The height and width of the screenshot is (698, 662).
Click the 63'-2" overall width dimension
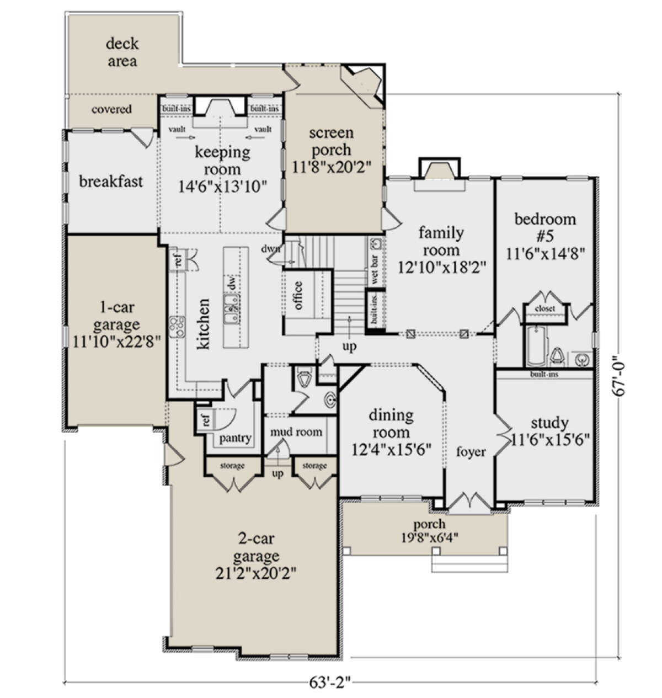[330, 682]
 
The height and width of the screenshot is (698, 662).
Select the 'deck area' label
[122, 52]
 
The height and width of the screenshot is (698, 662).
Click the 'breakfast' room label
[111, 182]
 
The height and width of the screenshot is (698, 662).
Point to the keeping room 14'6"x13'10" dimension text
[222, 187]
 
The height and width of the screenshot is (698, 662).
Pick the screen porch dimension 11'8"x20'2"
[331, 167]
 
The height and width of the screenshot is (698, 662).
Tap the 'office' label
[298, 295]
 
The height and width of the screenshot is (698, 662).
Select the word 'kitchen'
[204, 323]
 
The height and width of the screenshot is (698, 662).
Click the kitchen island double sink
[232, 308]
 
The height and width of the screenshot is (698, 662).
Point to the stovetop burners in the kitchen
[177, 327]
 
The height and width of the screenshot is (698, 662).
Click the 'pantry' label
[235, 439]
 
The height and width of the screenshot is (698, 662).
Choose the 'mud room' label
[296, 431]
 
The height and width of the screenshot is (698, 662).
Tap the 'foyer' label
[471, 452]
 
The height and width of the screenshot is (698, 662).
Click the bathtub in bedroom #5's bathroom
[536, 346]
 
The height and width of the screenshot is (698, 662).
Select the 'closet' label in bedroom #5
[544, 308]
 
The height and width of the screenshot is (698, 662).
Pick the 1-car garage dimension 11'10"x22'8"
[117, 342]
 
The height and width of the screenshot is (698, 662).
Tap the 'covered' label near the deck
[111, 109]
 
